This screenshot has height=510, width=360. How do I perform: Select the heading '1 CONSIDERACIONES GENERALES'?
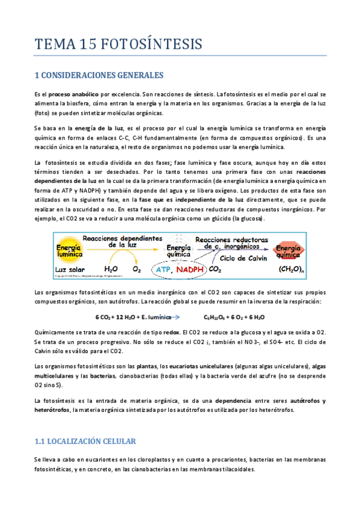pyautogui.click(x=99, y=76)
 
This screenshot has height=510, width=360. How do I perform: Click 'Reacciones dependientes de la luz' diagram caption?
pyautogui.click(x=124, y=241)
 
